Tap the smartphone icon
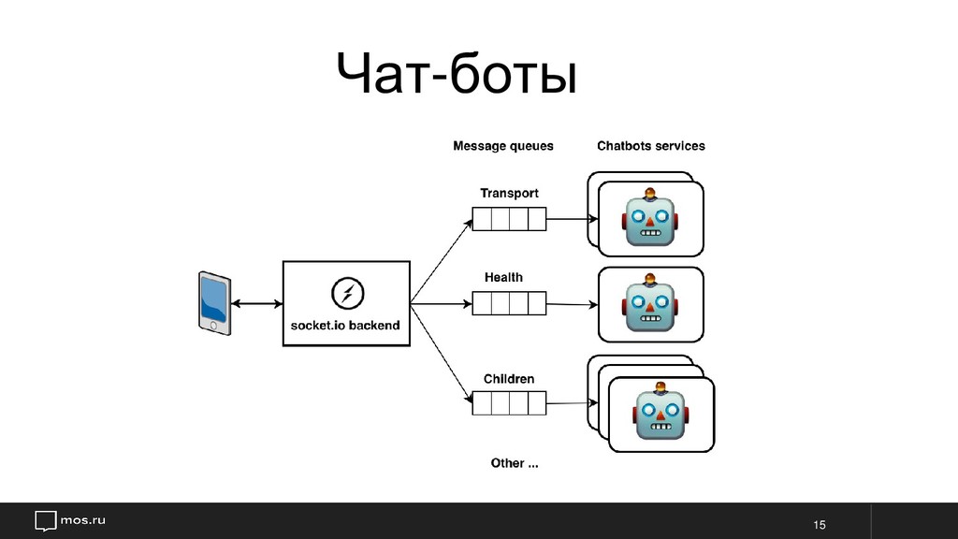[214, 302]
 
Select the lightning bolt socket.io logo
[346, 293]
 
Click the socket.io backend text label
[346, 326]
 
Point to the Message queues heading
[502, 146]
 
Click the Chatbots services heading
[651, 146]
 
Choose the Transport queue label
[509, 193]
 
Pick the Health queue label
[503, 277]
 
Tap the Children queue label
[509, 379]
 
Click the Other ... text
[515, 463]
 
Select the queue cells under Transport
[508, 219]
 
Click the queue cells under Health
[508, 304]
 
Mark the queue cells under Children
[508, 404]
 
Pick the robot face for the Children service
[660, 411]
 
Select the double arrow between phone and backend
[257, 303]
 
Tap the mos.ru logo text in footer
[83, 519]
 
